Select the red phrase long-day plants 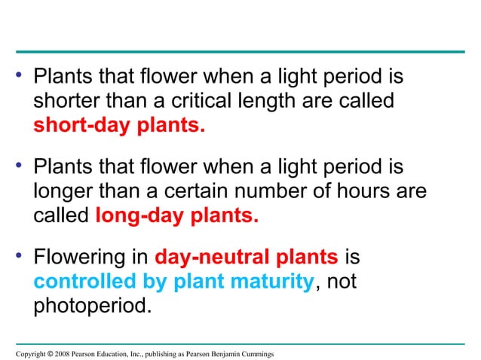(177, 216)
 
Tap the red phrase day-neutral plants (246, 258)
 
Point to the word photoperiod (91, 308)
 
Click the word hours (366, 192)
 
